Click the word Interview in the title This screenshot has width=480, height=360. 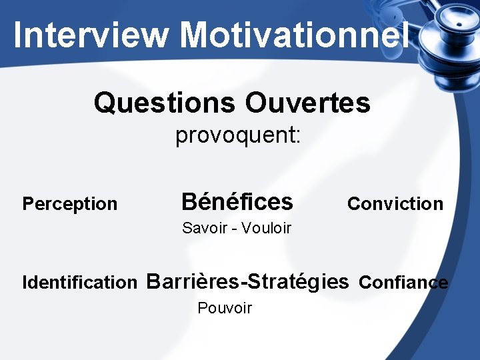tap(90, 35)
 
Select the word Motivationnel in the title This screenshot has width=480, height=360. tap(294, 35)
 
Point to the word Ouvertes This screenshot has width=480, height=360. tap(307, 103)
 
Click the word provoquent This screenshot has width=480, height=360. tap(235, 137)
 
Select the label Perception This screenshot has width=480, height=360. tap(69, 204)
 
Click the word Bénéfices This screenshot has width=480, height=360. tap(237, 201)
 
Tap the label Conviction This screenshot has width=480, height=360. tap(395, 203)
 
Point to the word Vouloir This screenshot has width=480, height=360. tap(266, 228)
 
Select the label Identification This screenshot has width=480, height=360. tap(79, 283)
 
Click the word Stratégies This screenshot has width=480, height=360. tap(297, 281)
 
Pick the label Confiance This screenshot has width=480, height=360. tap(403, 283)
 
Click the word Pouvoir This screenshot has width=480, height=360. tap(225, 308)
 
